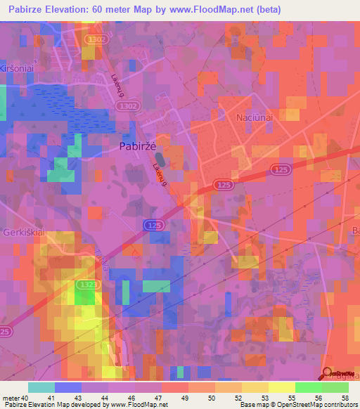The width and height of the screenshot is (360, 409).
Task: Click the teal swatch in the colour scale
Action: point(41,387)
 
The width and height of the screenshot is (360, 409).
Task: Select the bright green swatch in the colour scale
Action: point(308,387)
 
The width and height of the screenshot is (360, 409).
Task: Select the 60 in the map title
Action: point(106,9)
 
